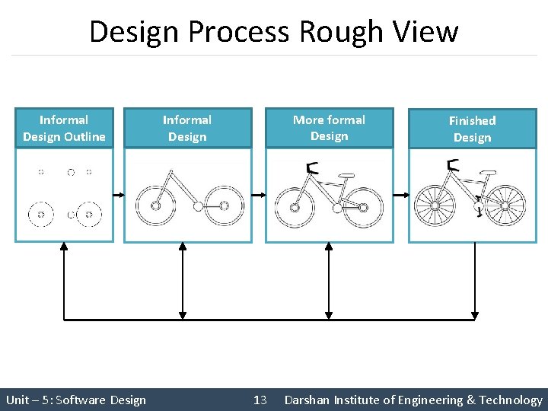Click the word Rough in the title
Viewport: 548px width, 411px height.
click(332, 32)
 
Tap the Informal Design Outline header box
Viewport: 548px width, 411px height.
click(64, 128)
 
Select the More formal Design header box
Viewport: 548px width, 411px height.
click(329, 128)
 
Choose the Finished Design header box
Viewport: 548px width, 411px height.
click(472, 129)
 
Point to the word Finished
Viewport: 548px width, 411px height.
click(472, 120)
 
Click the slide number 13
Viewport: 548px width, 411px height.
click(260, 400)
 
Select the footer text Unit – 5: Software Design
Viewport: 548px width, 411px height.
click(76, 400)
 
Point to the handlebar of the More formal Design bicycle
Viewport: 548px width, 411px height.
click(310, 168)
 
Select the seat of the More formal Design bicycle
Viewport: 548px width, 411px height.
click(346, 176)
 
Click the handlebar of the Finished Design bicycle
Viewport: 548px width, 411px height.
click(452, 165)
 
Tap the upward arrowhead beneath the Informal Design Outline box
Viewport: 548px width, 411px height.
click(64, 247)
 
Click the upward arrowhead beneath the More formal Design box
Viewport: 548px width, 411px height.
click(329, 247)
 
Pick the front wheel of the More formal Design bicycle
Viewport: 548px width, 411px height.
click(294, 206)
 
